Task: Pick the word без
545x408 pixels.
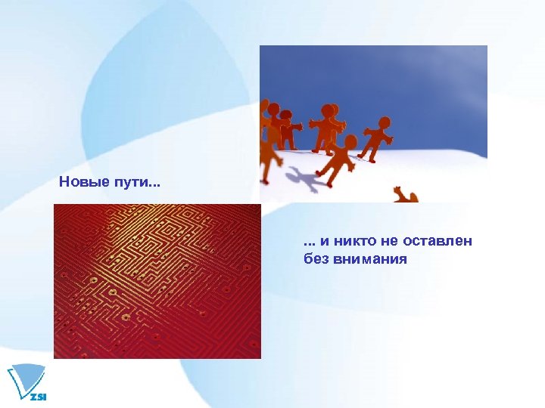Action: click(x=314, y=259)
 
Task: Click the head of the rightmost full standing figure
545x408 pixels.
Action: click(x=385, y=122)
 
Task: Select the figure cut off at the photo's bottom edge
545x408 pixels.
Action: click(x=405, y=196)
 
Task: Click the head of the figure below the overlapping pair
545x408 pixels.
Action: click(x=350, y=141)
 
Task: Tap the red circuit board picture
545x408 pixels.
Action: click(x=157, y=281)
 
